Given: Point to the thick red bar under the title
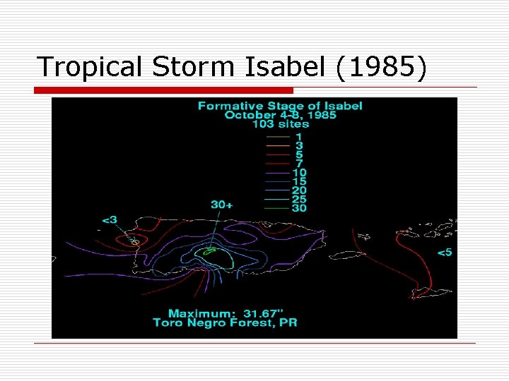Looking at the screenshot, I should (x=163, y=90).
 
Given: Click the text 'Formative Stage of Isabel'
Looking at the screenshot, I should (x=279, y=106).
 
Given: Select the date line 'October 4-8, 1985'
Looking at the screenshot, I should (x=279, y=115).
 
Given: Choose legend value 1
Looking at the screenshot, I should (x=299, y=136).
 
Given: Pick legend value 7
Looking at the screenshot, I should (x=299, y=163).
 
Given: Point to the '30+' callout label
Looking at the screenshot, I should (x=221, y=205).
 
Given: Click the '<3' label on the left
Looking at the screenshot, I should (x=110, y=219).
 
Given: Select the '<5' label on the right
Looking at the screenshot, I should (x=445, y=253).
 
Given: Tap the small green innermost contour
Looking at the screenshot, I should (x=210, y=250).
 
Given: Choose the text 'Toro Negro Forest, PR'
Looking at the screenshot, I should (x=225, y=323).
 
